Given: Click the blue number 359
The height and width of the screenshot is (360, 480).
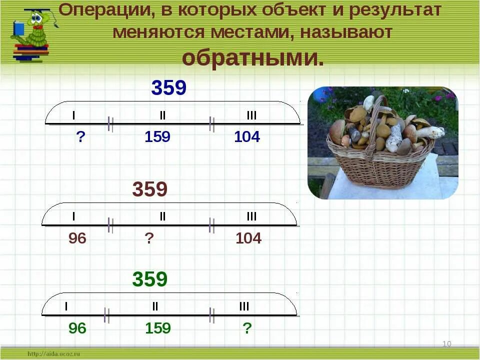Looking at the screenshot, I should click(x=169, y=88).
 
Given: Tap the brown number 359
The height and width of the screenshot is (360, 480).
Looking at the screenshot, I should click(x=149, y=190).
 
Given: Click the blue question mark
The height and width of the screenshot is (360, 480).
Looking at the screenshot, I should click(x=80, y=136).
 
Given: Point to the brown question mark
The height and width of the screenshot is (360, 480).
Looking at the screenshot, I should click(x=149, y=238).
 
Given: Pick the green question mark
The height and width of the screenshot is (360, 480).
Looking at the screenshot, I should click(x=246, y=328).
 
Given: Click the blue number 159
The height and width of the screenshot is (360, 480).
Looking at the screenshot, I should click(x=157, y=136).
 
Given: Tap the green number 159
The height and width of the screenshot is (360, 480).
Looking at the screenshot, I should click(x=158, y=328).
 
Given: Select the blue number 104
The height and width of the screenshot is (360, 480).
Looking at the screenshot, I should click(x=247, y=136).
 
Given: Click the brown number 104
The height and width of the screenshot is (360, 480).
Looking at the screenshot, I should click(x=248, y=238).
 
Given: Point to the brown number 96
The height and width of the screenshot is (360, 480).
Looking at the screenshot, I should click(x=77, y=238).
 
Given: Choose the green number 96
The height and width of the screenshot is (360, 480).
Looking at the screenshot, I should click(x=77, y=328).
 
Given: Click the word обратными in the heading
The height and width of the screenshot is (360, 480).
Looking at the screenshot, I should click(x=252, y=58).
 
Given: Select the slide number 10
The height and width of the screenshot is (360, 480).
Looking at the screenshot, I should click(x=446, y=343).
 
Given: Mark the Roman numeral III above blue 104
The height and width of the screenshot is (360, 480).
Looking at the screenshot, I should click(x=251, y=115).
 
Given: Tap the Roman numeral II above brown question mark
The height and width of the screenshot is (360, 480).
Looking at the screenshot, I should click(x=162, y=216).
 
